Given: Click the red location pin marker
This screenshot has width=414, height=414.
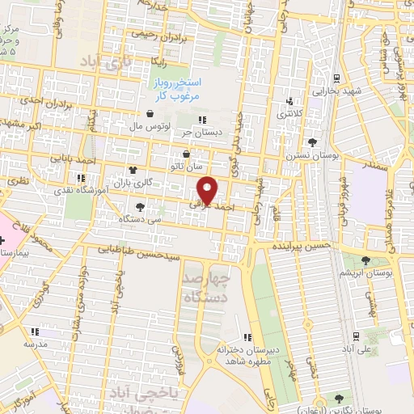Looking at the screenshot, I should (x=209, y=189).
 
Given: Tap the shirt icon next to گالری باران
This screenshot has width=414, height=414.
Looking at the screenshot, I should (x=132, y=171).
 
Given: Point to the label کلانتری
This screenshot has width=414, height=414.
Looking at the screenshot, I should (x=292, y=114).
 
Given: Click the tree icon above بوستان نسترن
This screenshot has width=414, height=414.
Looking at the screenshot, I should (x=301, y=142).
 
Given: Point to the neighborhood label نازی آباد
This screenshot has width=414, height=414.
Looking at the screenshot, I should (x=104, y=61).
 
